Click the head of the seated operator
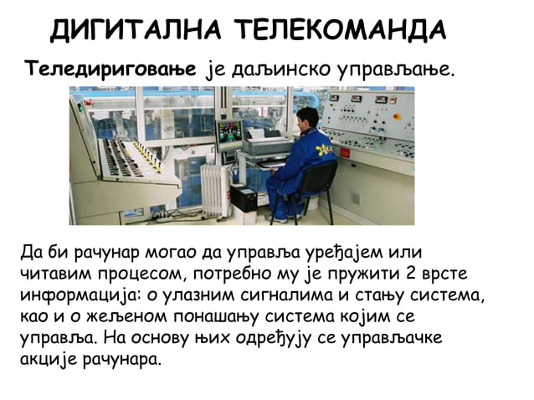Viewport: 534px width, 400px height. tap(307, 117)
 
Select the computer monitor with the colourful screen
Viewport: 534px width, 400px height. tap(229, 132)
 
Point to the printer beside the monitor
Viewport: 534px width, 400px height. tap(265, 143)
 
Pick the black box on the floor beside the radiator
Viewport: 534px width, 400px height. tap(244, 198)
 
